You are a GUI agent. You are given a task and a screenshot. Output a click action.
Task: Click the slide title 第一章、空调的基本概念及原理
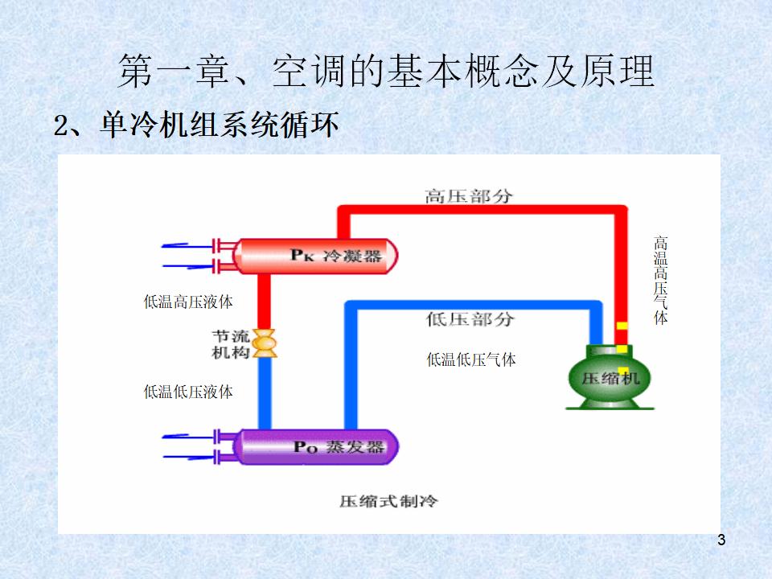point(386,72)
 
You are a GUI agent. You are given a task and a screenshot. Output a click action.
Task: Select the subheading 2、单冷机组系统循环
point(196,125)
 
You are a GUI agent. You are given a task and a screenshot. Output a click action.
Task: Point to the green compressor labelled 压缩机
point(610,378)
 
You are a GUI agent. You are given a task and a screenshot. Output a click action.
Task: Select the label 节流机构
point(231,343)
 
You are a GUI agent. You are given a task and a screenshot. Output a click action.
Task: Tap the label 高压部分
point(469,195)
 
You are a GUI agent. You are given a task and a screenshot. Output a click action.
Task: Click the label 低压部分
point(469,319)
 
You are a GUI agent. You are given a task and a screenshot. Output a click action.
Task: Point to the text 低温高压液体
point(188,302)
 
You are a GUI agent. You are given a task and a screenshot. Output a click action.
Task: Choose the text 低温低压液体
point(188,392)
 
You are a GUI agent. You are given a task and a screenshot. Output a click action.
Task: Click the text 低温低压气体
point(471,359)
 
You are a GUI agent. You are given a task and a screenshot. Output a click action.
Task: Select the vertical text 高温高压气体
point(661,280)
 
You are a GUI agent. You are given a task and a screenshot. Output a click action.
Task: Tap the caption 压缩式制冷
point(388,501)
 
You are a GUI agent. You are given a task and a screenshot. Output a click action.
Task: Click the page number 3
point(721,540)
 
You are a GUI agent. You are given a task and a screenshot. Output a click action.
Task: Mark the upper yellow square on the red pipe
point(622,326)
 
